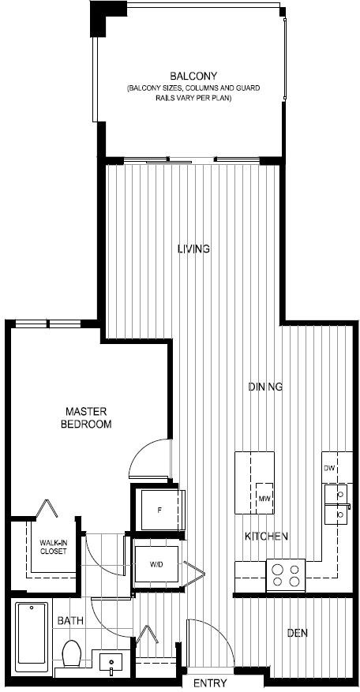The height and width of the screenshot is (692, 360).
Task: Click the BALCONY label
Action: [x=193, y=76]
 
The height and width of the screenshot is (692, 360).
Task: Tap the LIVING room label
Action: [x=193, y=249]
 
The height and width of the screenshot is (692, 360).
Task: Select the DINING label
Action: [x=265, y=387]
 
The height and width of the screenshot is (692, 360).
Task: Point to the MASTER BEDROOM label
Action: [x=86, y=418]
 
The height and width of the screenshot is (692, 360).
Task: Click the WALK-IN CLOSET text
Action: [x=53, y=548]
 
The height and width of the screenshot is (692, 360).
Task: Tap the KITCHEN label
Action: [x=267, y=537]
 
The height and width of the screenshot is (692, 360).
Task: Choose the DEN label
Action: [x=298, y=633]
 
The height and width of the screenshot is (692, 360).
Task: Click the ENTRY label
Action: [x=210, y=683]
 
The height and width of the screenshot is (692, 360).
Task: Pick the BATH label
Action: [x=70, y=621]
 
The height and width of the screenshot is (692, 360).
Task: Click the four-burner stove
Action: [x=285, y=575]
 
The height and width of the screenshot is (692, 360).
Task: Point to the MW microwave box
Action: [x=264, y=498]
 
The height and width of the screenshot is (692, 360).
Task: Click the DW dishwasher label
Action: [x=328, y=468]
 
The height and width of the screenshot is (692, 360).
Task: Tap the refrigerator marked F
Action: [x=159, y=511]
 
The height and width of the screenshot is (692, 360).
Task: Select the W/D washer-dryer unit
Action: [x=156, y=564]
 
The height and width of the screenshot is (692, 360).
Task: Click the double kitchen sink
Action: [x=338, y=504]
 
